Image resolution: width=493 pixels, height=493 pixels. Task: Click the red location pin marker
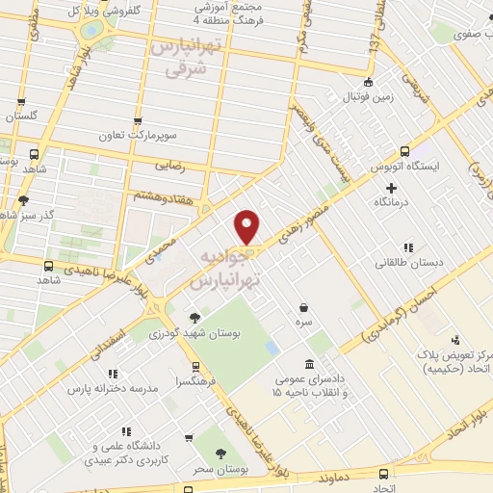point(248,227)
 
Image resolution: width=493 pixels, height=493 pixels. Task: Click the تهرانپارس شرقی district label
point(187,58)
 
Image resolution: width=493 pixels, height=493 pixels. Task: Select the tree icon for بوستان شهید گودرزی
point(195,317)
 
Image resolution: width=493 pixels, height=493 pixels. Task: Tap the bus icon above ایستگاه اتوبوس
point(405,151)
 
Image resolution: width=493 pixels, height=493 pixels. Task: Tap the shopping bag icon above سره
point(304,308)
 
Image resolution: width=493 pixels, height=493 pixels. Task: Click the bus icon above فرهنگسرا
point(196,367)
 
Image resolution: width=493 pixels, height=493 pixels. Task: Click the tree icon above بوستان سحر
point(221,453)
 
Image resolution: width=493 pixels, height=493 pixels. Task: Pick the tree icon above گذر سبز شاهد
point(23,200)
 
